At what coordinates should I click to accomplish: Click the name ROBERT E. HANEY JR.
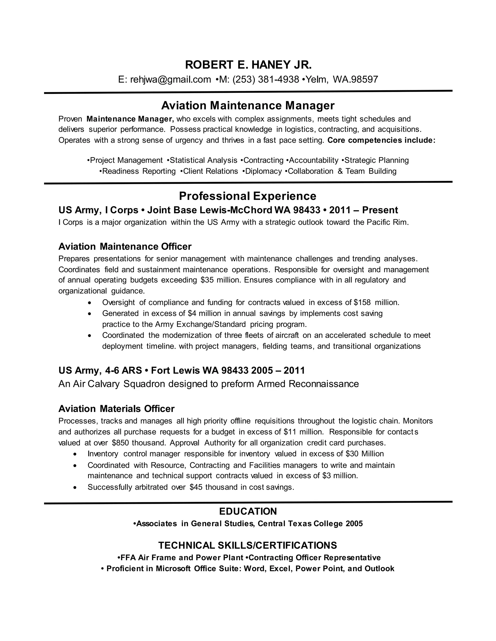coord(248,65)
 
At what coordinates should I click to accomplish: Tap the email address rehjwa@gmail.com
coord(170,79)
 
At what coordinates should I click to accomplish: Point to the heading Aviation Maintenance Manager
coord(248,105)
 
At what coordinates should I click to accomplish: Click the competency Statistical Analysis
coord(203,160)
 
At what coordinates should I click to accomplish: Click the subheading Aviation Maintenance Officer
coord(125,246)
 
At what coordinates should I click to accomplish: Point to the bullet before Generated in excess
coord(90,314)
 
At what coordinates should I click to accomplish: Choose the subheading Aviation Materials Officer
coord(116,409)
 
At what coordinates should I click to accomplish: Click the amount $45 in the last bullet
coord(196,487)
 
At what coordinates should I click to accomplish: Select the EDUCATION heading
coord(248,511)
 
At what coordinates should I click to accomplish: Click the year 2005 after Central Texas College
coord(354,524)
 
